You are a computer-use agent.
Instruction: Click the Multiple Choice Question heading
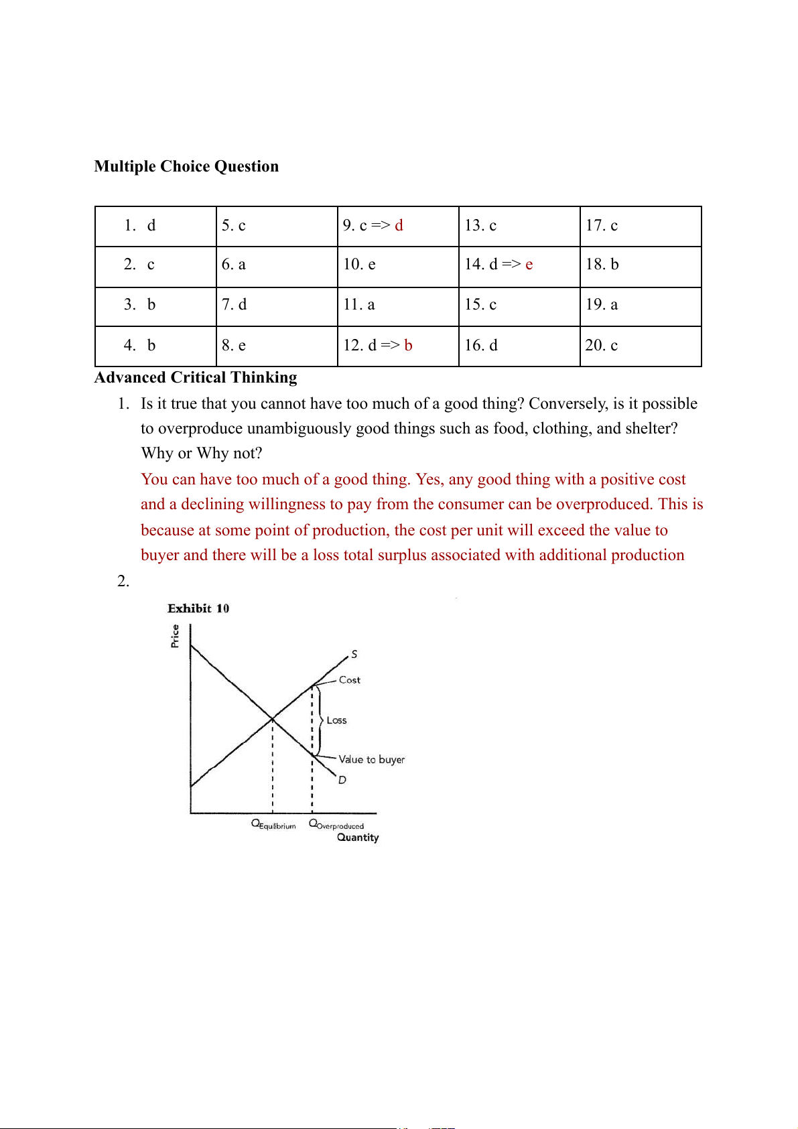coord(186,166)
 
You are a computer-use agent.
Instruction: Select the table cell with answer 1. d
coord(155,226)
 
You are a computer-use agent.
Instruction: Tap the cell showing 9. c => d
coord(398,226)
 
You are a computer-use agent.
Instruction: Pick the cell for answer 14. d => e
coord(519,265)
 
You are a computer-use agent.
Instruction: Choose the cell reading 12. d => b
coord(398,346)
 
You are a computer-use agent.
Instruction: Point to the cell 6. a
coord(277,265)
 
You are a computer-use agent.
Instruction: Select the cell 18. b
coord(641,265)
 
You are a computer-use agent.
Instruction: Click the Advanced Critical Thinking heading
coord(196,377)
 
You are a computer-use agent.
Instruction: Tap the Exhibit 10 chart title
coord(198,608)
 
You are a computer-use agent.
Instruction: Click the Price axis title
coord(176,636)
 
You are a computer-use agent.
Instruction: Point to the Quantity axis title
coord(358,838)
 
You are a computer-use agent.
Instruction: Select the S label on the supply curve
coord(354,654)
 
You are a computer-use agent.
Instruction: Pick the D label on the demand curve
coord(342,780)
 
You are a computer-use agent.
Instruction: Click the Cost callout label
coord(350,680)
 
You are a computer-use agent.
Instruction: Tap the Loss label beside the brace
coord(336,720)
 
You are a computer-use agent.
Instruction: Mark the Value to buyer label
coord(372,759)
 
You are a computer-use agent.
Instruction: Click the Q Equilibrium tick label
coord(273,824)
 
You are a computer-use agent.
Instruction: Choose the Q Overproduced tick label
coord(336,825)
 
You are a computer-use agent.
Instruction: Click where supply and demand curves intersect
coord(273,719)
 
